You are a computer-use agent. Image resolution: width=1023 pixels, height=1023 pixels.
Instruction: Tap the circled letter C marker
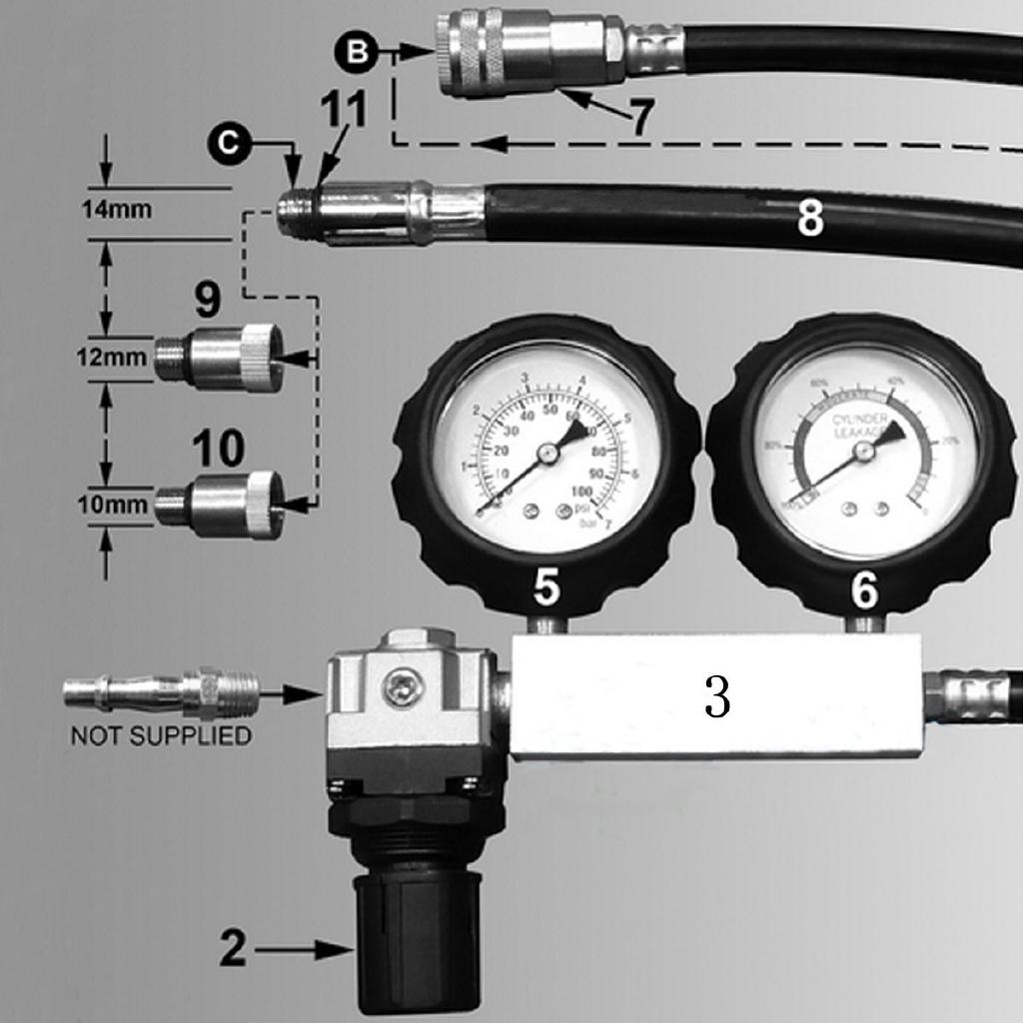[x=230, y=144]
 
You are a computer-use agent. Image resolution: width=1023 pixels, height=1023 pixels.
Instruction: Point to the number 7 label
[x=641, y=118]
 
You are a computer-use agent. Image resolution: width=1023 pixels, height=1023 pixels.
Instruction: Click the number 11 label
[x=343, y=112]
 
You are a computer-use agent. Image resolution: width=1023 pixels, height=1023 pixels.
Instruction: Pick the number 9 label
[x=208, y=299]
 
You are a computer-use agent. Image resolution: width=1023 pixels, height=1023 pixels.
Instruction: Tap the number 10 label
[x=218, y=449]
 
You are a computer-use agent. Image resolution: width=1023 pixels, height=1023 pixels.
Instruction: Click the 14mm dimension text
[x=118, y=211]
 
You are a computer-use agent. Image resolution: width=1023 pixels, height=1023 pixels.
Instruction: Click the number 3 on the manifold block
[x=717, y=699]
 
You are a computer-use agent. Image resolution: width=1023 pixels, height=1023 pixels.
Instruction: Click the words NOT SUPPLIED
[x=160, y=736]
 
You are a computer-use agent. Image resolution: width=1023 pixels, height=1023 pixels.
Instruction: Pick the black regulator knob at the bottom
[x=418, y=939]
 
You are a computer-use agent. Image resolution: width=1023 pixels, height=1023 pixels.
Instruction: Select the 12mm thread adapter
[x=220, y=358]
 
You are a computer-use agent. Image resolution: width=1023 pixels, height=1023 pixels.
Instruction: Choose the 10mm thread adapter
[x=222, y=505]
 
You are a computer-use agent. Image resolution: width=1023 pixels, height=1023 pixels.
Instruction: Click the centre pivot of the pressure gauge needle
[x=546, y=454]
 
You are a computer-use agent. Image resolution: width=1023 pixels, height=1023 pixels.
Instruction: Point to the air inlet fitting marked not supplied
[x=160, y=691]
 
